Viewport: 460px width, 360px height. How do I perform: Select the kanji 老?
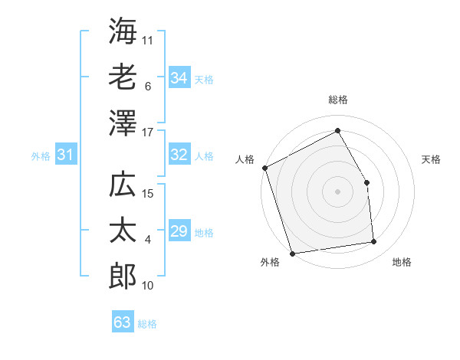123,76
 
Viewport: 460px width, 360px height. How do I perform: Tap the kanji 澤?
123,123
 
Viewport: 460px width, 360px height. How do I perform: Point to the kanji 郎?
123,276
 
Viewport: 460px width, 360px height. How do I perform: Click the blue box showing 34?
179,77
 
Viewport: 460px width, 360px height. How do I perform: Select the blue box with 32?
179,155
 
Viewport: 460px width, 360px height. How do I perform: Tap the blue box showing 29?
179,231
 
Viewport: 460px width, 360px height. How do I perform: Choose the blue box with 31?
65,155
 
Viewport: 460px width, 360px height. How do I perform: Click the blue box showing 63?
122,322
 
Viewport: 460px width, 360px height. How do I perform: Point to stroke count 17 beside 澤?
149,133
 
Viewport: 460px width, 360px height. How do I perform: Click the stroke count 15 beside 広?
149,194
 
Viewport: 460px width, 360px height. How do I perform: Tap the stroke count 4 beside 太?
148,240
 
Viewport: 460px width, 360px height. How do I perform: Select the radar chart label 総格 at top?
337,100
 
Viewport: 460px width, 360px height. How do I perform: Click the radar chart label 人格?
245,159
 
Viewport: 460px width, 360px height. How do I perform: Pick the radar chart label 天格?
431,159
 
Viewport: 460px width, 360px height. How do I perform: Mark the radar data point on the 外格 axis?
292,253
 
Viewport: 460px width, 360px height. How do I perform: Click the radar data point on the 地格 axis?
374,242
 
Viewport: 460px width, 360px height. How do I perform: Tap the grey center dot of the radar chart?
337,191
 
